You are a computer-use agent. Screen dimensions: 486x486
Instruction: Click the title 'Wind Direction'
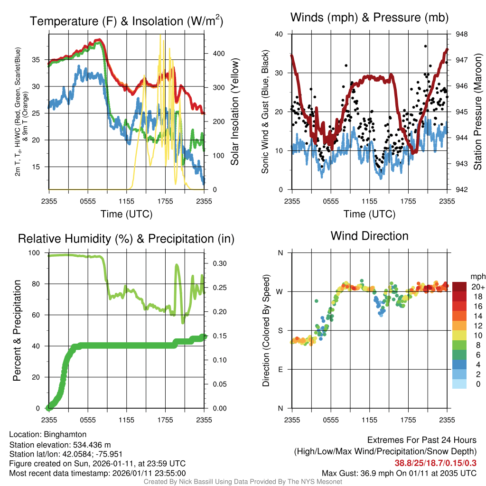pyautogui.click(x=369, y=236)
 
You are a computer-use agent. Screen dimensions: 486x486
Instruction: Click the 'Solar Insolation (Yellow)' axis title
pyautogui.click(x=234, y=112)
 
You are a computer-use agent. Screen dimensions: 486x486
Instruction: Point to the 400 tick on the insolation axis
pyautogui.click(x=213, y=53)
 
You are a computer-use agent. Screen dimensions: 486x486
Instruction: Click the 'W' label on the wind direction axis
pyautogui.click(x=280, y=292)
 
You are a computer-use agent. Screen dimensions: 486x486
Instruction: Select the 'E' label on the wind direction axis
pyautogui.click(x=280, y=370)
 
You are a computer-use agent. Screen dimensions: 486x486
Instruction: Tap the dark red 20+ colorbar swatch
pyautogui.click(x=460, y=287)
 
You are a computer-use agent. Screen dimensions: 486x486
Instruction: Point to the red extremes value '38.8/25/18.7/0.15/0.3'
pyautogui.click(x=436, y=463)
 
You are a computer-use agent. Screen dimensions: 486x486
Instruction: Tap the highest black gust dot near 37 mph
pyautogui.click(x=426, y=46)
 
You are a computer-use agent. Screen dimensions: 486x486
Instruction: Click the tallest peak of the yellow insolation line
pyautogui.click(x=160, y=35)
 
